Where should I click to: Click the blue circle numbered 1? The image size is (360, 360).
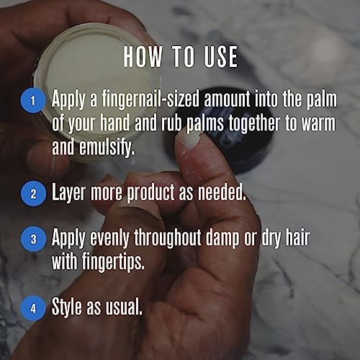31,100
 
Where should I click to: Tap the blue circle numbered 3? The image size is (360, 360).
31,238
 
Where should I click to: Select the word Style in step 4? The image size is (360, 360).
68,307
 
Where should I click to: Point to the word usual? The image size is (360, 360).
122,307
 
